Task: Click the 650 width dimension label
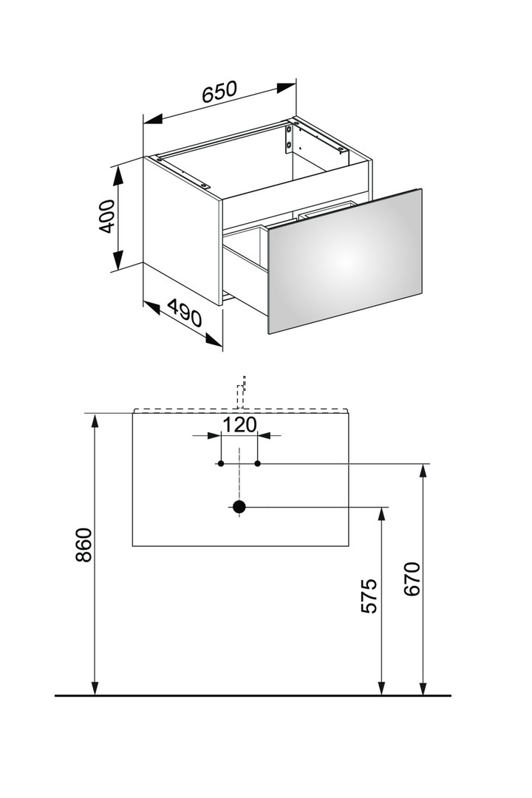[220, 92]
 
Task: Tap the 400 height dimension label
[106, 216]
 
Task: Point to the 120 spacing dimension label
[239, 424]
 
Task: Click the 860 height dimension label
[83, 545]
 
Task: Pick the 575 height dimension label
[369, 596]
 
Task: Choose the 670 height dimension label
[412, 579]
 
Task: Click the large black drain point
[239, 507]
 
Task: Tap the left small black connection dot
[221, 463]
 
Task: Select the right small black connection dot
[258, 463]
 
